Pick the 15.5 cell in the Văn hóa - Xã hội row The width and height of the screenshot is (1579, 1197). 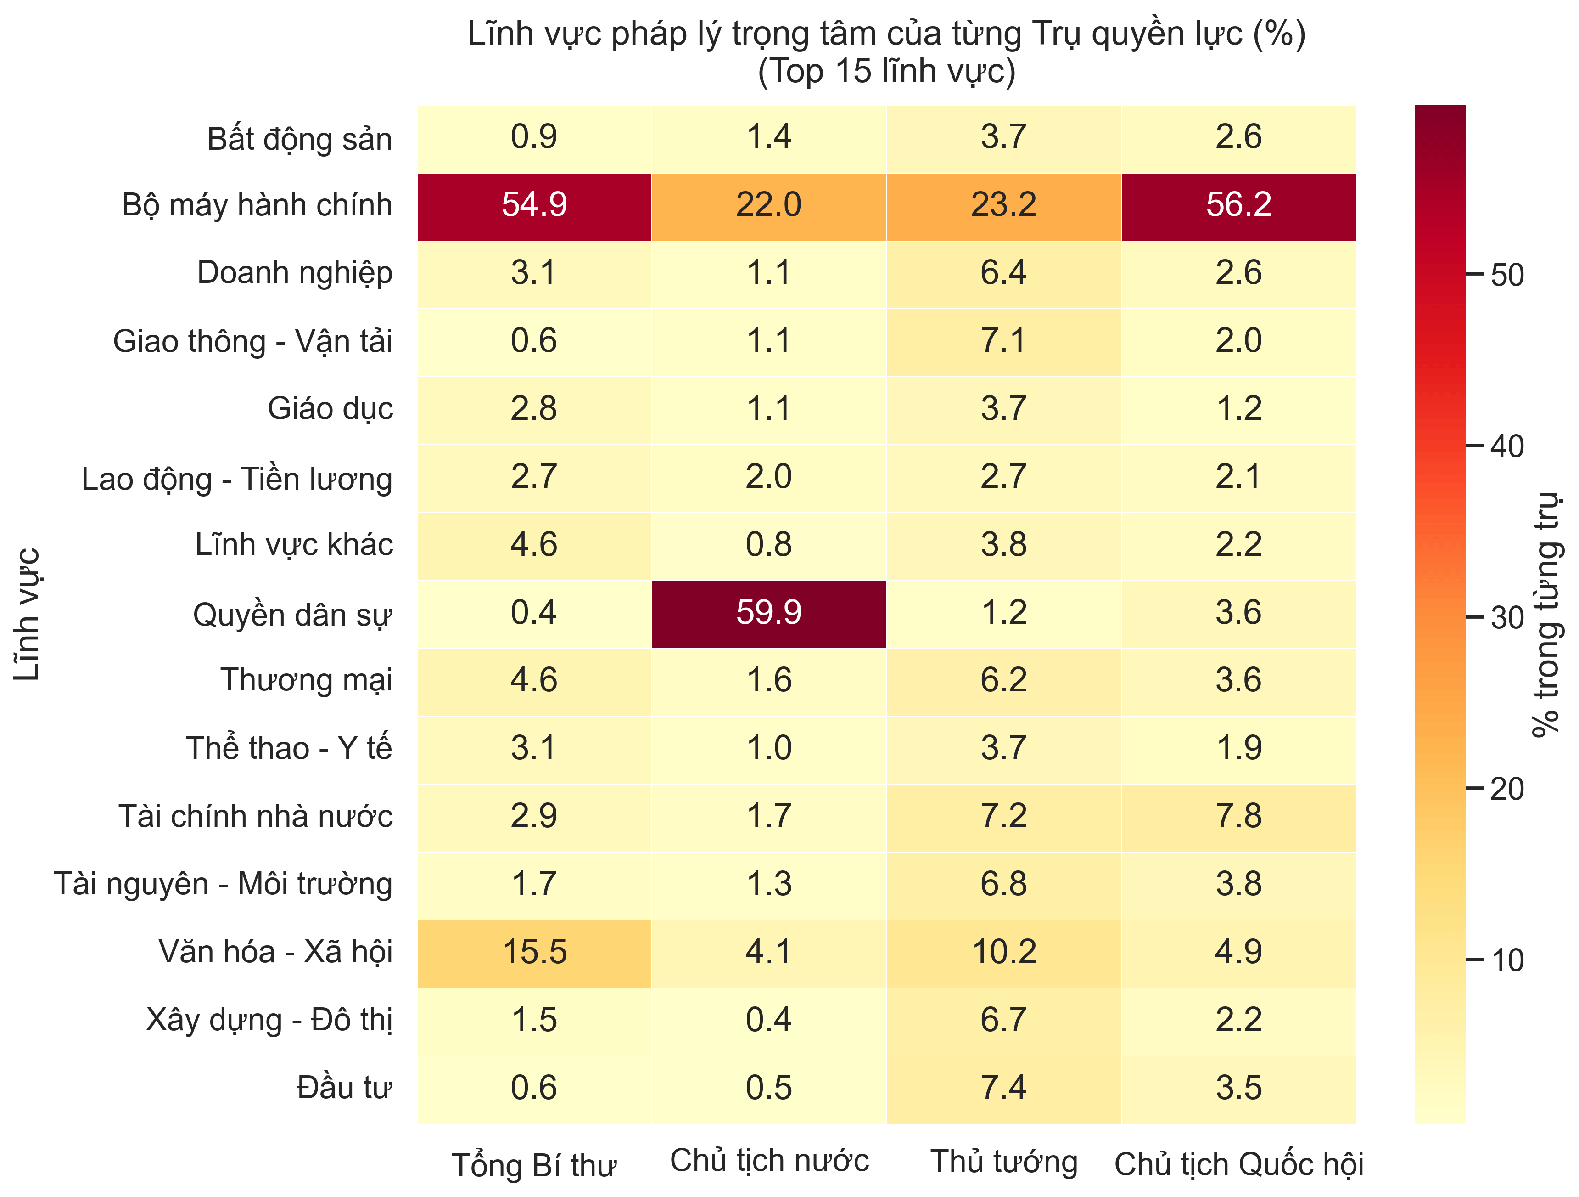(x=534, y=953)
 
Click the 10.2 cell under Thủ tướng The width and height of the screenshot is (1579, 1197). (x=1004, y=953)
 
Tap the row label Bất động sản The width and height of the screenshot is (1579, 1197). (x=299, y=139)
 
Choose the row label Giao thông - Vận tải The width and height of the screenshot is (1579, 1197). (x=253, y=341)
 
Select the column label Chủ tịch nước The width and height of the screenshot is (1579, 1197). (x=769, y=1161)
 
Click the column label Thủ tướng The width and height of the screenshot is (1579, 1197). (x=1004, y=1163)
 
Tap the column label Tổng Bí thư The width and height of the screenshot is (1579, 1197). (x=534, y=1166)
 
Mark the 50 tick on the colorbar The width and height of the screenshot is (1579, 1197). (x=1506, y=275)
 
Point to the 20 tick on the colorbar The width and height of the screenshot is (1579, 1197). (x=1506, y=789)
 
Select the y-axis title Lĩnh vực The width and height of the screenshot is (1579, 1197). (x=27, y=614)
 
